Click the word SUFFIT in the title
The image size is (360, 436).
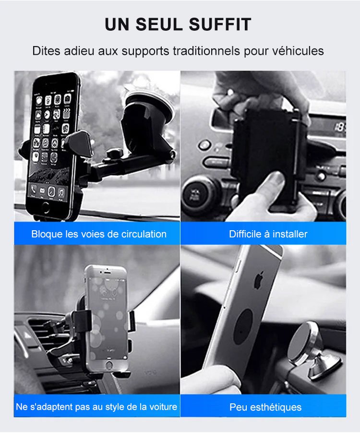pyautogui.click(x=220, y=24)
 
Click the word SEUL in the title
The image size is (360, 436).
pyautogui.click(x=159, y=24)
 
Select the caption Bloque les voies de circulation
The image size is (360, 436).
pyautogui.click(x=99, y=234)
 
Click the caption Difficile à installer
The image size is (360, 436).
pyautogui.click(x=268, y=234)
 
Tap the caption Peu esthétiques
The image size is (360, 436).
pyautogui.click(x=265, y=407)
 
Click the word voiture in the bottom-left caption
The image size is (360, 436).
pyautogui.click(x=163, y=407)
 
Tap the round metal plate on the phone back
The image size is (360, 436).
pyautogui.click(x=244, y=327)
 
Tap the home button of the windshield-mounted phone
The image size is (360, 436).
pyautogui.click(x=45, y=207)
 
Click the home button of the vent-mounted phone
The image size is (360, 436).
pyautogui.click(x=109, y=365)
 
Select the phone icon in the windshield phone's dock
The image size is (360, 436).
pyautogui.click(x=34, y=189)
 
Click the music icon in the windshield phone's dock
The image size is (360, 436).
pyautogui.click(x=61, y=192)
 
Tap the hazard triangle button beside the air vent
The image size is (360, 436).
pyautogui.click(x=27, y=336)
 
